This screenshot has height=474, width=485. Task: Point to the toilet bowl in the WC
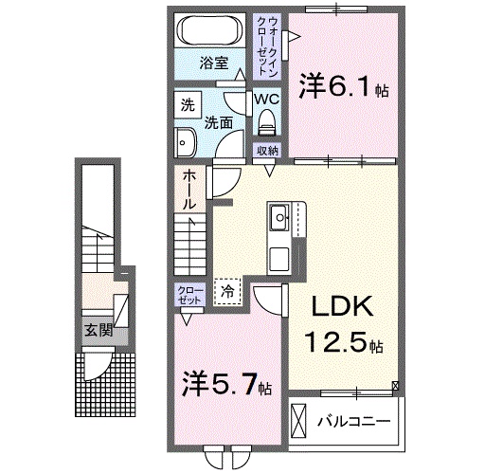(x=266, y=120)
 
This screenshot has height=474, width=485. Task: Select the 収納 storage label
(x=267, y=150)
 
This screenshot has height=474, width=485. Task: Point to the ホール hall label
(x=189, y=188)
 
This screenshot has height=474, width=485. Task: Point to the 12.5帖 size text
(x=343, y=341)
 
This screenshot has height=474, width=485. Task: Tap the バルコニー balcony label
(x=354, y=420)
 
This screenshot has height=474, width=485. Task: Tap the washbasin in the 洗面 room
(x=185, y=141)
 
